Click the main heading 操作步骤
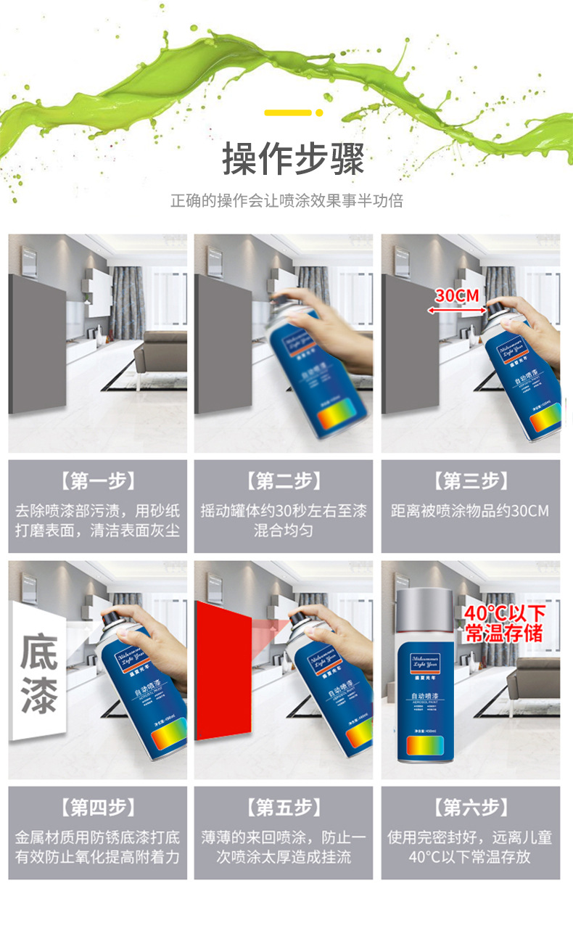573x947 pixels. [293, 159]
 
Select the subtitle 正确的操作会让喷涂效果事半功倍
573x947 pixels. [286, 201]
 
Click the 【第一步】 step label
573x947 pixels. [97, 480]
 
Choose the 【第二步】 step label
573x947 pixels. [284, 480]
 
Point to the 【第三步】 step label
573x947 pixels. [470, 480]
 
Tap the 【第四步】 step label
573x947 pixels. [97, 806]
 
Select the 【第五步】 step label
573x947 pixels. [284, 806]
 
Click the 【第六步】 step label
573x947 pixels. [470, 806]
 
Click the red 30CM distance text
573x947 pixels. [457, 295]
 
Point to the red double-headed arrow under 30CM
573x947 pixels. [457, 309]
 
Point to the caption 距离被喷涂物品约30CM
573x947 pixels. [470, 511]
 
